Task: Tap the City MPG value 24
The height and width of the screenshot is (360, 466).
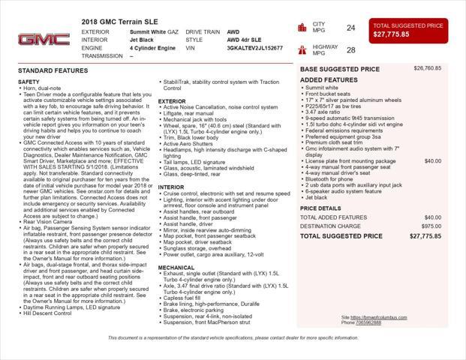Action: (350, 28)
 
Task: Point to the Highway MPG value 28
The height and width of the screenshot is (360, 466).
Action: (350, 50)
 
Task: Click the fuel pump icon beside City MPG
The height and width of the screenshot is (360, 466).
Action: (302, 28)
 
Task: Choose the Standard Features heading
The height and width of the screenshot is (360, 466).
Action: (53, 70)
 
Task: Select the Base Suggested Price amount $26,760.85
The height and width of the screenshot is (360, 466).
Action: (427, 68)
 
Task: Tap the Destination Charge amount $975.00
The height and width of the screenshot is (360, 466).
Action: (431, 226)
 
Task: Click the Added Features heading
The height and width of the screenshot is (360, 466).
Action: (329, 79)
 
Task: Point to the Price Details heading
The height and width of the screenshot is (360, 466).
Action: (320, 208)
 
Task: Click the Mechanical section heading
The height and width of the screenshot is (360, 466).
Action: (176, 267)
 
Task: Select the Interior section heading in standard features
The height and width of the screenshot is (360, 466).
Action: (170, 187)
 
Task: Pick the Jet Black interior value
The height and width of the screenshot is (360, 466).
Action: (142, 40)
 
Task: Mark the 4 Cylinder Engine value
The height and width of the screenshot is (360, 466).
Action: (152, 48)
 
